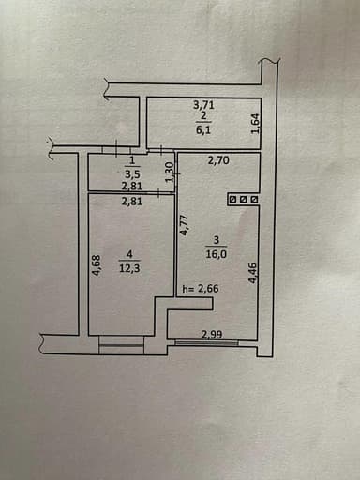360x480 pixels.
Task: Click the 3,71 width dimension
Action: point(203,106)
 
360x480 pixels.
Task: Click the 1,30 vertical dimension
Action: point(169,172)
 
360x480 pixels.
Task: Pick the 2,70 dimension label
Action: point(219,161)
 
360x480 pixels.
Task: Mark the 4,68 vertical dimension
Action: point(96,266)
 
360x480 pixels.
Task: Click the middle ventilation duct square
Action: point(243,199)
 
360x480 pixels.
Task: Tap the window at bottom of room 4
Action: point(121,348)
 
